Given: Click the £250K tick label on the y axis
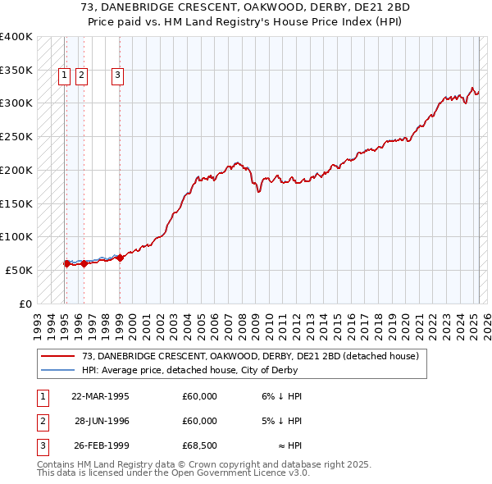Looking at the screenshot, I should pyautogui.click(x=16, y=136).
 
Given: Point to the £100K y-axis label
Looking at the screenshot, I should pyautogui.click(x=16, y=236).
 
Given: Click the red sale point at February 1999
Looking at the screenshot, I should pyautogui.click(x=120, y=258).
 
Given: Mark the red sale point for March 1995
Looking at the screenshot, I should pyautogui.click(x=66, y=263).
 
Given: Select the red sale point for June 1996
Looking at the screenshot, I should pyautogui.click(x=84, y=263).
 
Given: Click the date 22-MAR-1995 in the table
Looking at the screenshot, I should pyautogui.click(x=101, y=395).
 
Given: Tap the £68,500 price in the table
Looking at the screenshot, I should pyautogui.click(x=199, y=447).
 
